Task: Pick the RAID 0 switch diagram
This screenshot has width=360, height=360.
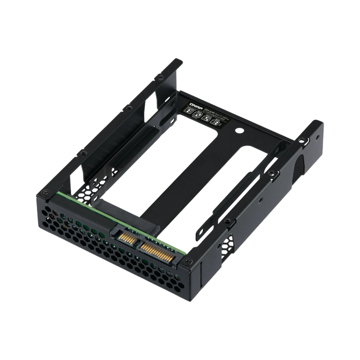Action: coord(206,118)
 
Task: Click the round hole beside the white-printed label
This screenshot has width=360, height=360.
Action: coord(241,130)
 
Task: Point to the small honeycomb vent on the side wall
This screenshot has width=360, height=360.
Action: coord(229,243)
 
